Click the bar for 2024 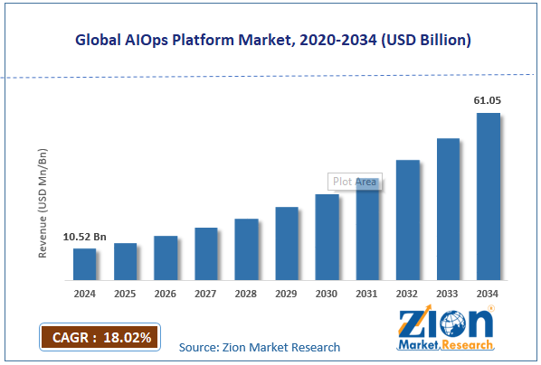84,264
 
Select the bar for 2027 205,253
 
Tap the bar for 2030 327,237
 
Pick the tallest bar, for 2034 489,196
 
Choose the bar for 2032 407,220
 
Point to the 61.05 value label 489,102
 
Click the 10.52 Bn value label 84,237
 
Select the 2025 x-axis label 125,294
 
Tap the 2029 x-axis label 286,294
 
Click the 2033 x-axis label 448,294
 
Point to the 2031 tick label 367,294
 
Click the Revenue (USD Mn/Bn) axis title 43,200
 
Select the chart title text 270,41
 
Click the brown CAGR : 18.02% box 100,337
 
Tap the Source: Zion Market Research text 260,347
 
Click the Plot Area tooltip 355,182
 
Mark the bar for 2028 246,248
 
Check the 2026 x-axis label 166,294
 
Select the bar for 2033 448,209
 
